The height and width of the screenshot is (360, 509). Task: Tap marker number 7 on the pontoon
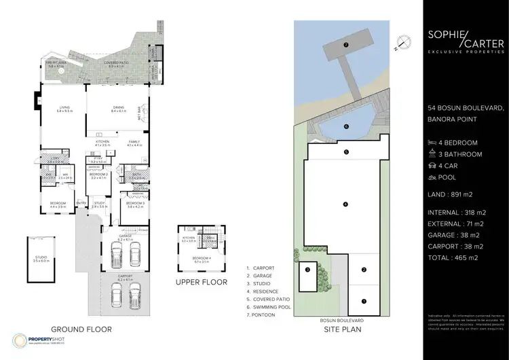345,45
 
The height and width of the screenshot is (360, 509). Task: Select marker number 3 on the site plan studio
307,270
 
